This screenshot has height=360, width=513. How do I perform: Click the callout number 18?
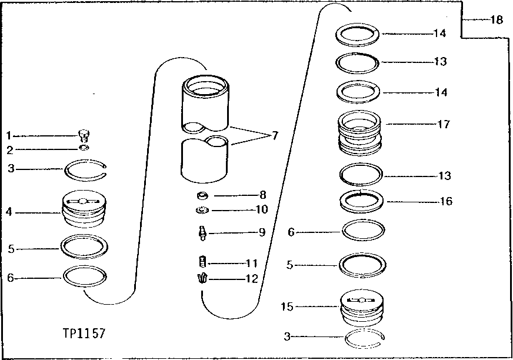[497, 20]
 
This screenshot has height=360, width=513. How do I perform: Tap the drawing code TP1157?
[85, 334]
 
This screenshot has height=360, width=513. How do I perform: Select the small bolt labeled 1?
[84, 135]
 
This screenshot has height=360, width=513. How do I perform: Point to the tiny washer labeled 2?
[85, 148]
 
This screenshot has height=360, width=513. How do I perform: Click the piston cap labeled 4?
[84, 210]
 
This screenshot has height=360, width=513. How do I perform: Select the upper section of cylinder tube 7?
[205, 104]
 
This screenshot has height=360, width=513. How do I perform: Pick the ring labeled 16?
[362, 201]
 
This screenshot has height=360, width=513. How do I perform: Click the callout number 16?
[446, 201]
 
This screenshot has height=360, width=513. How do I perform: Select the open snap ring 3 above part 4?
[86, 170]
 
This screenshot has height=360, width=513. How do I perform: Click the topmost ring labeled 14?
[358, 34]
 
